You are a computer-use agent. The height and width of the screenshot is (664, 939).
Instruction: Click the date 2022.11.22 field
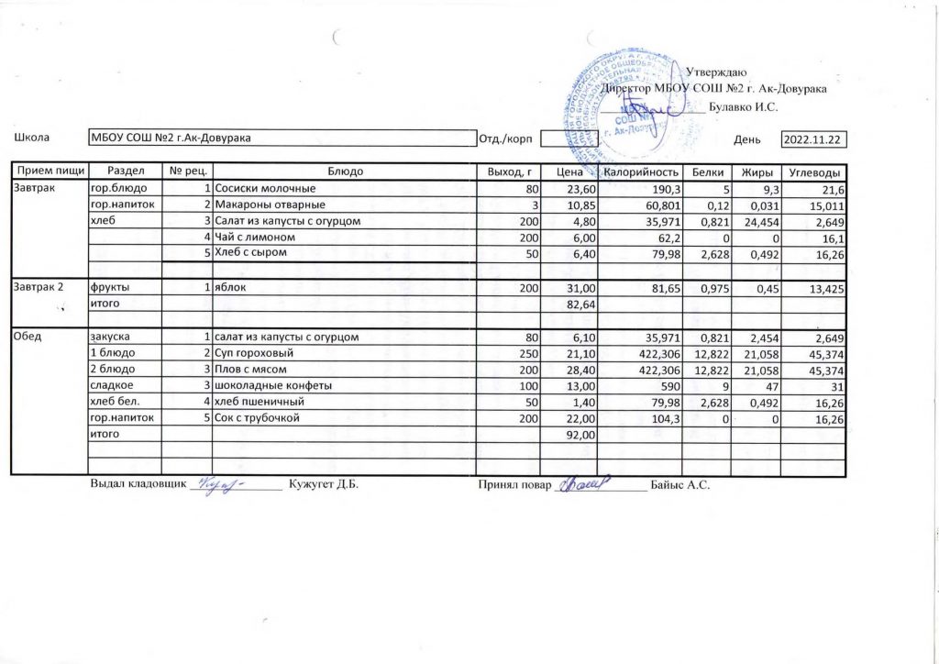click(x=813, y=139)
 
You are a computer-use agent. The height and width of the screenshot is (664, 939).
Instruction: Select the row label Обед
click(x=26, y=338)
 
